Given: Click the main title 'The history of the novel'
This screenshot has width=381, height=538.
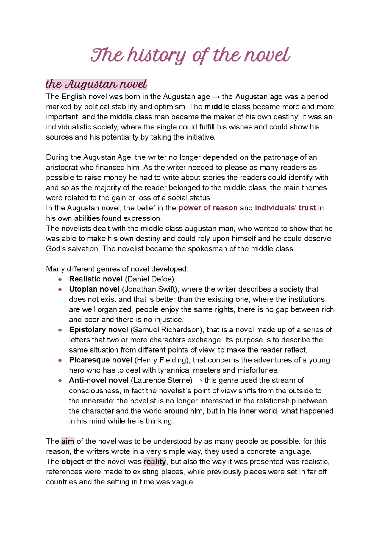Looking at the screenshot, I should [190, 56].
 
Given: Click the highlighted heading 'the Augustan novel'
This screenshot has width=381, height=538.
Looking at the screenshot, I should [96, 84].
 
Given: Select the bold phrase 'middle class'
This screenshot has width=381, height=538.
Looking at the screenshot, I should [227, 107].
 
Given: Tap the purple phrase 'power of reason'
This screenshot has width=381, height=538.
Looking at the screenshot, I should [208, 208].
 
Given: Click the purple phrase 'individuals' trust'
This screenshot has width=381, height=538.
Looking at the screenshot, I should [285, 208].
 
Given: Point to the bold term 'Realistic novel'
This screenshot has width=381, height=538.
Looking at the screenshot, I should [96, 279].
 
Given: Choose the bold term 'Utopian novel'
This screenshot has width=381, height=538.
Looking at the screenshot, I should [94, 289].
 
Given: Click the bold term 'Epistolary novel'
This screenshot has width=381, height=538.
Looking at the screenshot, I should [98, 330].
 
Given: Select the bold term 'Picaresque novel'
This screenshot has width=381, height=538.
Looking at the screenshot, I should [100, 360].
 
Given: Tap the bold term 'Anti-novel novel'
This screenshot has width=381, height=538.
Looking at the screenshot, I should [99, 380].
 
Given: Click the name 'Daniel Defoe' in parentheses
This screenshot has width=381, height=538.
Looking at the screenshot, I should [149, 279].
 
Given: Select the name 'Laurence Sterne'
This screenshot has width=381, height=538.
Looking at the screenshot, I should [162, 380].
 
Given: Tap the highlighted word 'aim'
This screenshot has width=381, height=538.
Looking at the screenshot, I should [68, 441].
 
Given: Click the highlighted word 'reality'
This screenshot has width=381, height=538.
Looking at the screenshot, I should [155, 462].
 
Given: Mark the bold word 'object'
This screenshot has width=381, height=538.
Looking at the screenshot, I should [72, 462].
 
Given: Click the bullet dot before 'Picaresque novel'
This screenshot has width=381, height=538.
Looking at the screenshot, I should [60, 360].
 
